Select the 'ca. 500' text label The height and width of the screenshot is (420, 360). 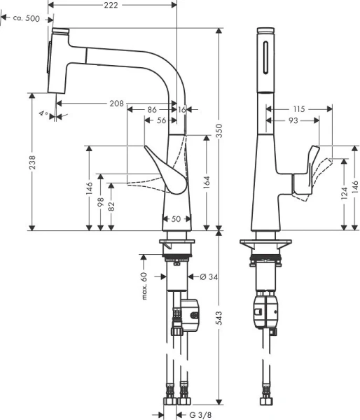[x=26, y=18]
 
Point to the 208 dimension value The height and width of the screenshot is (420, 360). [x=116, y=104]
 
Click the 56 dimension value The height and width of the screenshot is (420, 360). [x=161, y=120]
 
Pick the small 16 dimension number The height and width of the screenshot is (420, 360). [x=182, y=110]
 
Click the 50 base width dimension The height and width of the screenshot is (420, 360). [x=176, y=219]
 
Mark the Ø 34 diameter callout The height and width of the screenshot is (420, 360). [x=207, y=278]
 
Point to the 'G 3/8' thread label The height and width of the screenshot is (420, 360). [x=203, y=414]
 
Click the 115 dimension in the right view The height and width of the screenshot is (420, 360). [x=300, y=110]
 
